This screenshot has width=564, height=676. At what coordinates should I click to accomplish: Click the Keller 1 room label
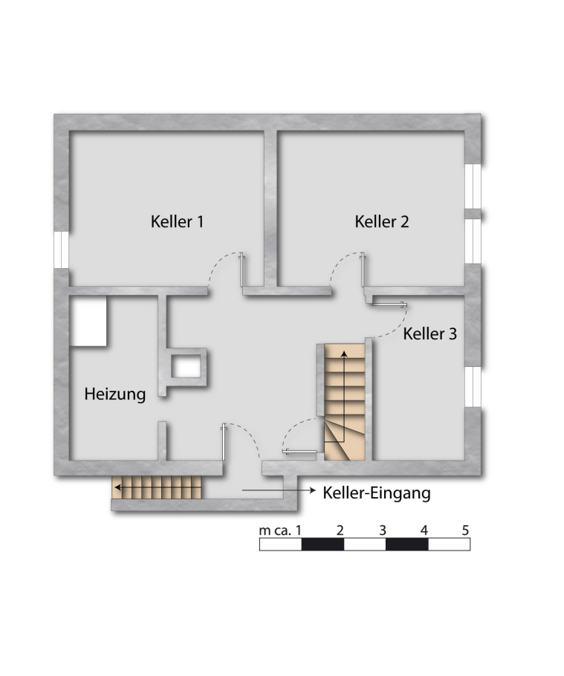coord(177,221)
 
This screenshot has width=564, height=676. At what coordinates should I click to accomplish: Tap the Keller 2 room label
coord(382,221)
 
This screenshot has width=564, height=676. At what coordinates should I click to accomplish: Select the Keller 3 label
coord(430,334)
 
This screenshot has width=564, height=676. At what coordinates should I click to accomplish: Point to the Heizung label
coord(114,394)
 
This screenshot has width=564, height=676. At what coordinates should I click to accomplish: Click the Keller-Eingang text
coord(377,493)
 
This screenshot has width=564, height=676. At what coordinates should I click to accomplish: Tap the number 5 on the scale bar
coord(465,530)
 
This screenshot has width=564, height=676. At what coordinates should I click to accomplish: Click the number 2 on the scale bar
coord(340,530)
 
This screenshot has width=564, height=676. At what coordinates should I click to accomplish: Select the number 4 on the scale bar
coord(424,530)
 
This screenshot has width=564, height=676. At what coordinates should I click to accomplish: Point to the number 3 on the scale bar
coord(382,530)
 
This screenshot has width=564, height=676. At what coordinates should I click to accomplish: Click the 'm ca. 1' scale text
coord(280,530)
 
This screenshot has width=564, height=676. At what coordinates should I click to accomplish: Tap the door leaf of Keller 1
coord(242,270)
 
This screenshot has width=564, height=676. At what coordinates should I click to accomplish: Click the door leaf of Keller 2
coord(363,270)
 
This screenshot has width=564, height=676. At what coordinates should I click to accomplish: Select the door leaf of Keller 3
coord(389,305)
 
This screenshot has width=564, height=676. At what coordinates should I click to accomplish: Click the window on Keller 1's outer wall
coord(61,250)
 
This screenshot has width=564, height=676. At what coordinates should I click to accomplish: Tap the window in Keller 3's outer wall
coord(473,387)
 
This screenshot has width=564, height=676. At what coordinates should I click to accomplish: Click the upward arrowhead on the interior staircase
coord(344,354)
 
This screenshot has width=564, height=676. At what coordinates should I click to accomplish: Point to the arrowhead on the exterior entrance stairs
coord(117,487)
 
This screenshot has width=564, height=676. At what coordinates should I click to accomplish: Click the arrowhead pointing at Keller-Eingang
coord(313,490)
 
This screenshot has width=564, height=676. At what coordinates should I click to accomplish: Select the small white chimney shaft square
coord(187,368)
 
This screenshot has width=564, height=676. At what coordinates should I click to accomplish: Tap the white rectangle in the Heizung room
coord(88,321)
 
